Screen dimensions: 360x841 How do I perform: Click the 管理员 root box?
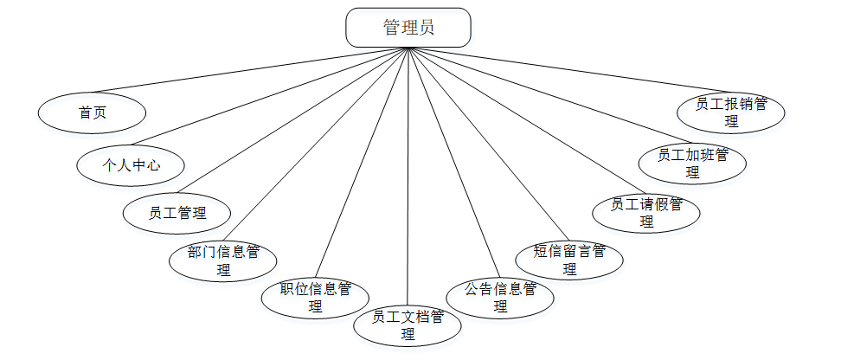pos(408,27)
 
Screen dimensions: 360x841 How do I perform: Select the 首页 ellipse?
pos(92,112)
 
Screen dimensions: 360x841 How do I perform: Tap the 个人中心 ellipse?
pos(131,164)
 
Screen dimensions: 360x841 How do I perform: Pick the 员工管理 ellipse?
pos(177,213)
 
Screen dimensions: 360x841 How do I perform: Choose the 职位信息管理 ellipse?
pos(315,297)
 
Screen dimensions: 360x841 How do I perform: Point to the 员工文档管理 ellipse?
pos(408,325)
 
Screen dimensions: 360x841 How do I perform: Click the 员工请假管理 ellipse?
pos(645,213)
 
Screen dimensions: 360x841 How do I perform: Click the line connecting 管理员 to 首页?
pos(251,69)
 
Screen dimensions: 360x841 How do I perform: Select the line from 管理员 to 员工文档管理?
pos(408,173)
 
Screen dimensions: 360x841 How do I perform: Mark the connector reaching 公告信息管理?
pos(453,160)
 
